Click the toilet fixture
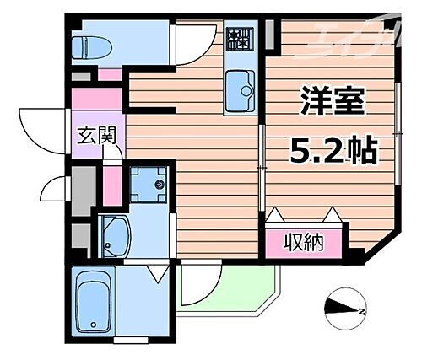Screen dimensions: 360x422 [84, 46]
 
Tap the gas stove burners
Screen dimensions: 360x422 [241, 38]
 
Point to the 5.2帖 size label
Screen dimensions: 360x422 [333, 152]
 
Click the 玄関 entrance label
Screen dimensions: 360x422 [98, 134]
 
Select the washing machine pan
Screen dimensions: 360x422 [149, 185]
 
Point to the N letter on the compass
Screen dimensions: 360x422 [362, 313]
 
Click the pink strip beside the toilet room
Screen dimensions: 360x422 [109, 73]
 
